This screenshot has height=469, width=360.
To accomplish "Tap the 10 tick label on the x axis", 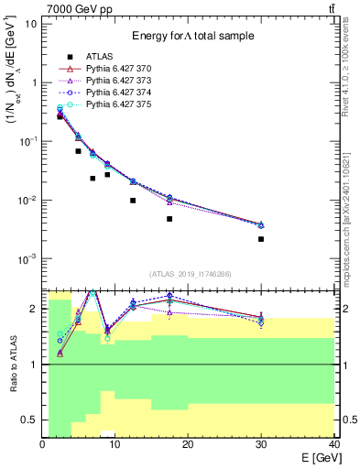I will click(115, 444).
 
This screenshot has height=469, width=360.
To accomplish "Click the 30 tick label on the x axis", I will click(261, 444).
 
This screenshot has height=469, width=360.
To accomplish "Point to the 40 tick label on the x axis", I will click(333, 444).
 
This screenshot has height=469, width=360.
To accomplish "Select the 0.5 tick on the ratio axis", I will click(31, 420).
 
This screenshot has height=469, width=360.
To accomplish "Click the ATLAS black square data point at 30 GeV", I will click(261, 239).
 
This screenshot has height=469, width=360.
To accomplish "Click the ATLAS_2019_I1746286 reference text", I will click(190, 274).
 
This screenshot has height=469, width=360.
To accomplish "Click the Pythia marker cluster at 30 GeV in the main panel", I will click(261, 224).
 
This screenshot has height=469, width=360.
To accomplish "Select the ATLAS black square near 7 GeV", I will click(93, 179).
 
